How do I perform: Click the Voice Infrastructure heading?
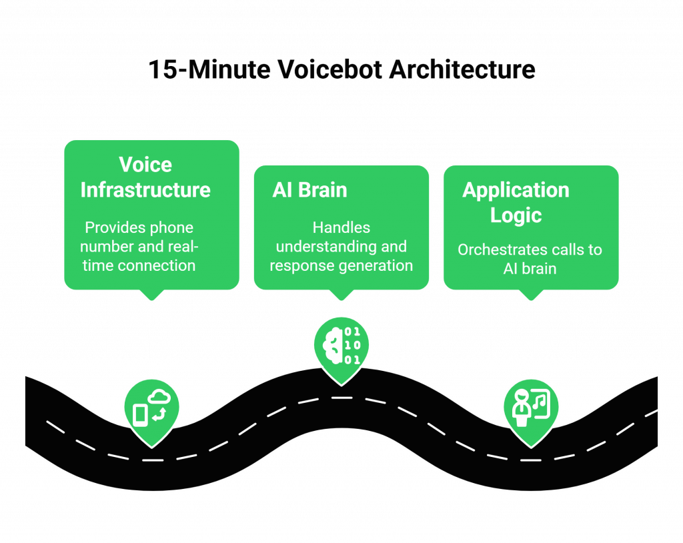tap(145, 177)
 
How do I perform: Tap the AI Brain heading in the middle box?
tap(309, 190)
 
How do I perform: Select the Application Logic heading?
tap(516, 202)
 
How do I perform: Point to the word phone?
tap(171, 227)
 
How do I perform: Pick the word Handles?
tap(341, 227)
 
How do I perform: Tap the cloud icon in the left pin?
tap(160, 398)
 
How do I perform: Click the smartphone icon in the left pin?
tap(140, 415)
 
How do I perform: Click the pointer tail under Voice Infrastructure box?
tap(151, 296)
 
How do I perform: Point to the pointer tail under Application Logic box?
tap(531, 296)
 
